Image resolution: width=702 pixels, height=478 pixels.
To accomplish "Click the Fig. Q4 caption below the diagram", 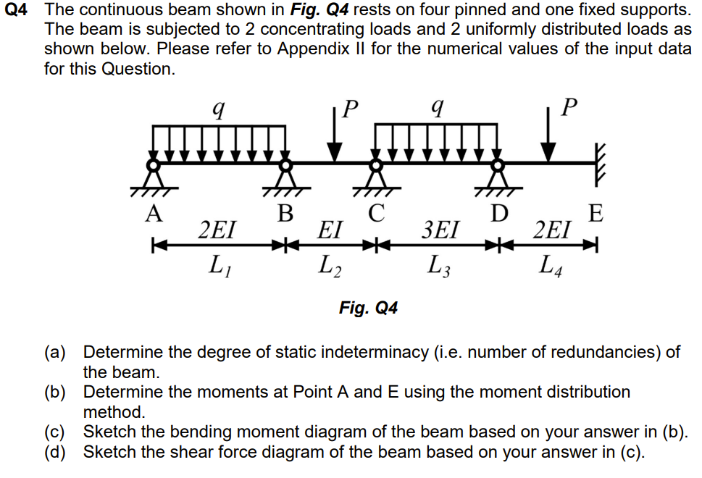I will pos(368,308).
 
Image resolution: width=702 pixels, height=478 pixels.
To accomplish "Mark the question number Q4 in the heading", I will pos(18,11).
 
